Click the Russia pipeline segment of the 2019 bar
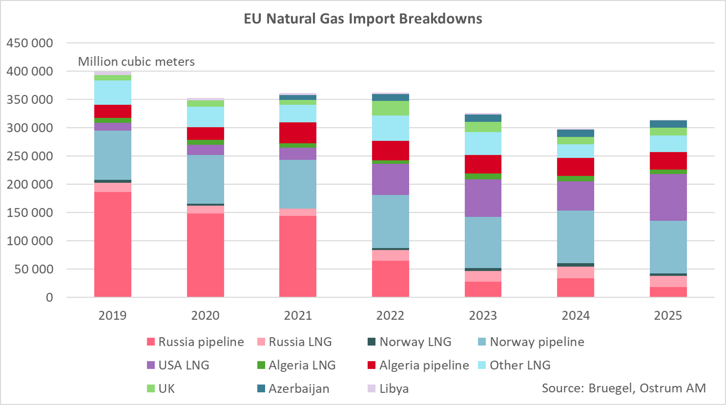click(x=112, y=244)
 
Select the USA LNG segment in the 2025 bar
click(x=668, y=197)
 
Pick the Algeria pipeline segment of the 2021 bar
click(x=298, y=133)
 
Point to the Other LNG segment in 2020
click(x=205, y=117)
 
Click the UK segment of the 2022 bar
click(x=390, y=108)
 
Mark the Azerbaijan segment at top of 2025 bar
click(x=668, y=124)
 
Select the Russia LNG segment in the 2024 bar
click(x=575, y=272)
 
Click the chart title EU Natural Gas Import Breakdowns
click(x=363, y=19)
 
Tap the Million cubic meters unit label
click(x=136, y=61)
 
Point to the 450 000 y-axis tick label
click(x=30, y=43)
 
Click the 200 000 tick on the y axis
click(x=30, y=184)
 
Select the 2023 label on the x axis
click(x=482, y=315)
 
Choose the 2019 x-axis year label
click(x=112, y=315)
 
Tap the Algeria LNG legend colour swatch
click(x=261, y=365)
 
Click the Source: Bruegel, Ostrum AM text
click(x=623, y=388)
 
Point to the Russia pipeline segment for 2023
click(x=482, y=289)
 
